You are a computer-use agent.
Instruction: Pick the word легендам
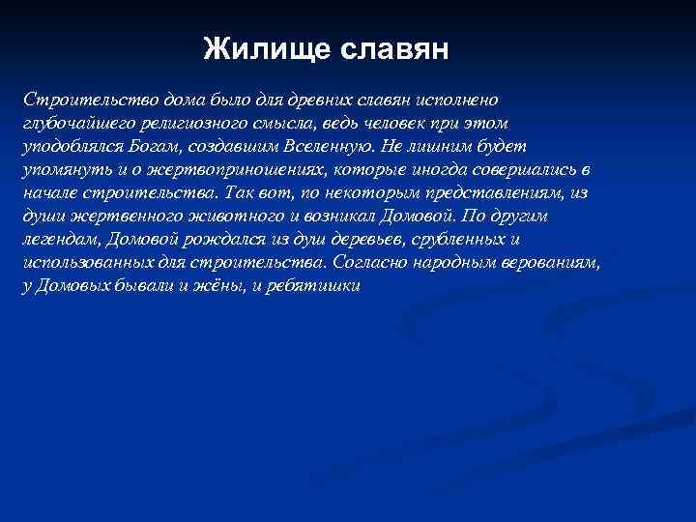58,240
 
